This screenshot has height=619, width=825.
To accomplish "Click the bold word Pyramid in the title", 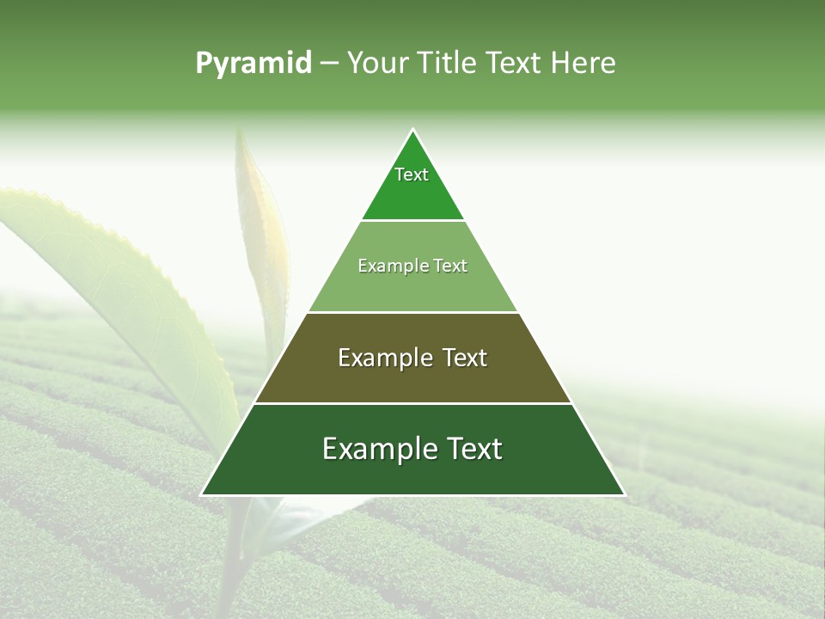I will click(x=254, y=64).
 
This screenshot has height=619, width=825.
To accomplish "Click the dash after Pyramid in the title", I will click(x=329, y=64).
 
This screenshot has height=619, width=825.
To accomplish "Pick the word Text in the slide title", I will click(x=515, y=64).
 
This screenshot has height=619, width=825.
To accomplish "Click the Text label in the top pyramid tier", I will click(x=412, y=175).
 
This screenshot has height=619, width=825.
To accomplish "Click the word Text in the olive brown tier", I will click(x=465, y=358).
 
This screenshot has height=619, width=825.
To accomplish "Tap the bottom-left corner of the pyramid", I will click(x=202, y=494).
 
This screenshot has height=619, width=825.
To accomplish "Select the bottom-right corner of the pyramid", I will click(x=624, y=494).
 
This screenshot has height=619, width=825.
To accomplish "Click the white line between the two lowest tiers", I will click(x=412, y=403).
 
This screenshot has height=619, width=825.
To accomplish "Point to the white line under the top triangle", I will click(x=412, y=220).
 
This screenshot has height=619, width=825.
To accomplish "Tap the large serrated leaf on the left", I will click(x=129, y=284).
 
